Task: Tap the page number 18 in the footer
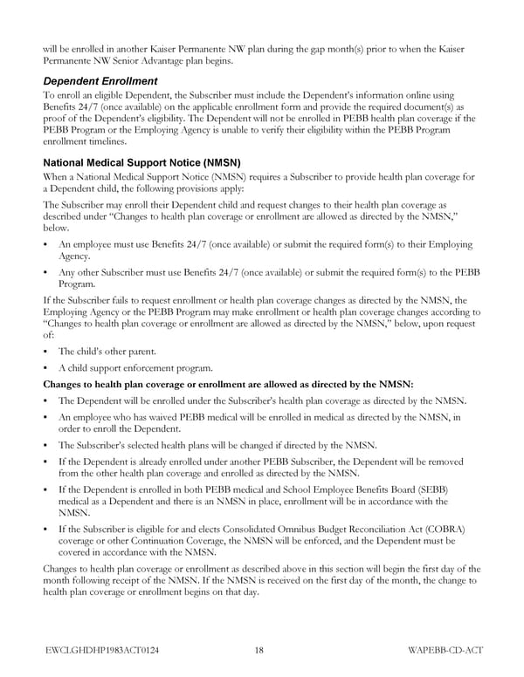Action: coord(259,649)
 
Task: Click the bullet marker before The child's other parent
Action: coord(46,351)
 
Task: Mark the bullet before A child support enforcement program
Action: coord(46,367)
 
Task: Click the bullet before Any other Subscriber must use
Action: coord(46,272)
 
